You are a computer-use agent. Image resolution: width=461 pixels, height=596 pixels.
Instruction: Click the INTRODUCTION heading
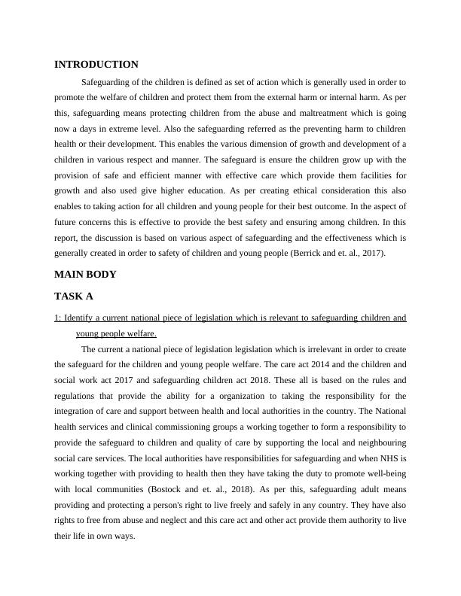click(x=96, y=65)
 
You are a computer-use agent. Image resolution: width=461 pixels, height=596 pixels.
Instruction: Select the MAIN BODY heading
click(x=85, y=274)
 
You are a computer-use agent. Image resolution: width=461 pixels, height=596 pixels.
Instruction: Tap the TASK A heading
click(x=75, y=296)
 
